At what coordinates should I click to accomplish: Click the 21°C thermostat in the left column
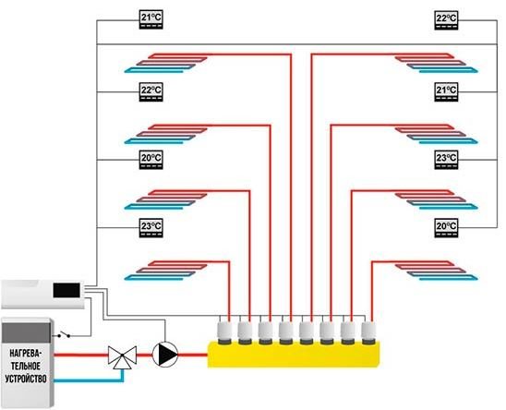pos(151,19)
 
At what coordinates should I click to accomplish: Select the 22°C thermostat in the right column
pos(446,20)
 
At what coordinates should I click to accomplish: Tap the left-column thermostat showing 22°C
pos(151,92)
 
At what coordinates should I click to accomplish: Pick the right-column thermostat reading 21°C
pos(446,92)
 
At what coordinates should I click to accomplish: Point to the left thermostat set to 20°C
pos(151,160)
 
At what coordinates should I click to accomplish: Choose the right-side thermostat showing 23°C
pos(446,160)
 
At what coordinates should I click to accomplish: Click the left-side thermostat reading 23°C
pos(151,228)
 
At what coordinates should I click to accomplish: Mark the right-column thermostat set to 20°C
pos(446,228)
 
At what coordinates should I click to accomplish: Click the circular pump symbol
pos(165,355)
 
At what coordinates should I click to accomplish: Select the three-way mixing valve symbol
pos(122,357)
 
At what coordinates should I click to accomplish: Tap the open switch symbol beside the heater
pos(64,335)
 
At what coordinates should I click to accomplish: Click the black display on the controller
pos(66,290)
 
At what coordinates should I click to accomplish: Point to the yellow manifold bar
pos(294,355)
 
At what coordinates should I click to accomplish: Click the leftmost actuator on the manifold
pos(224,333)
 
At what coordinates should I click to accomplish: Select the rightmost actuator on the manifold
pos(367,333)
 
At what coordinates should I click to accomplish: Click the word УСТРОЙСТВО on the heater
pos(26,379)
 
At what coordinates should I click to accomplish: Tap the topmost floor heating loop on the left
pos(166,63)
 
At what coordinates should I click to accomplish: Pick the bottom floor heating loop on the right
pos(437,271)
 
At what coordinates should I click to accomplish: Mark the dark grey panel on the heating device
pos(26,332)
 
